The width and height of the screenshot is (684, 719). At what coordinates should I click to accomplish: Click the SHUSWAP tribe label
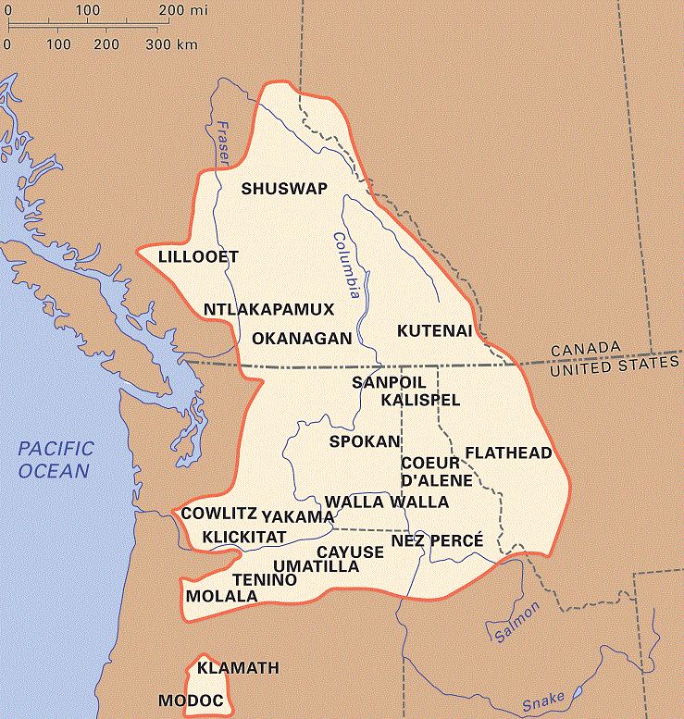click(284, 189)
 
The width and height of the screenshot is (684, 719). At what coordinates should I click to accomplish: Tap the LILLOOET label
click(198, 256)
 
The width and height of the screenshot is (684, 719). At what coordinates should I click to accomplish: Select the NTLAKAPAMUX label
click(267, 308)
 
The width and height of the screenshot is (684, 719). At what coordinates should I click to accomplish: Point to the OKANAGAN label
click(302, 338)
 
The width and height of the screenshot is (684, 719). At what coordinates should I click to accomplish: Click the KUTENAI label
click(435, 330)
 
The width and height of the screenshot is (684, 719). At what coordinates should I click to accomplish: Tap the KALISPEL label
click(420, 400)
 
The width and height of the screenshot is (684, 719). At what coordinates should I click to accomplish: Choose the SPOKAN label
click(364, 441)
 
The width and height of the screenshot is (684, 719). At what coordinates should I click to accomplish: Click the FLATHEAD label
click(509, 452)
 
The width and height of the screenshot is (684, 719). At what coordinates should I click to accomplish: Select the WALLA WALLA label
click(387, 502)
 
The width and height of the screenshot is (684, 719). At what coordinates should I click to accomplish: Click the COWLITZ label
click(218, 513)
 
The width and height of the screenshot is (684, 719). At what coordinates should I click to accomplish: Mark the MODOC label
click(191, 701)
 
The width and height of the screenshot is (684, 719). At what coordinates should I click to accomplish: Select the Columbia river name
click(346, 264)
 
